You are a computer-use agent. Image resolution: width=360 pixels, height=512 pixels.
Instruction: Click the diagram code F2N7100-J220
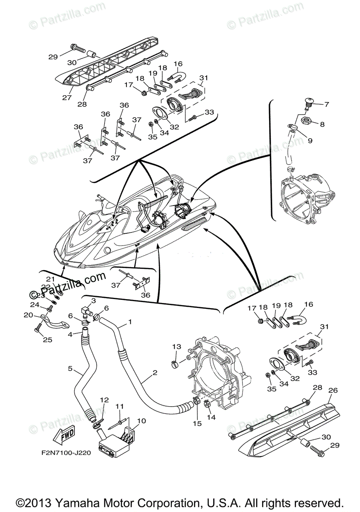click(67, 453)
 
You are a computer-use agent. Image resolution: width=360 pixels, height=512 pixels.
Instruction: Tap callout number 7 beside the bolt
click(327, 104)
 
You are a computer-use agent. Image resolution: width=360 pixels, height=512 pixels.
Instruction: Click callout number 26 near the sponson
click(333, 390)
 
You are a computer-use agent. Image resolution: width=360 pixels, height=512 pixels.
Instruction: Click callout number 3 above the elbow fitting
click(94, 301)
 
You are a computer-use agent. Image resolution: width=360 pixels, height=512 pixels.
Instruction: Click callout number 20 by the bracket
click(29, 315)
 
